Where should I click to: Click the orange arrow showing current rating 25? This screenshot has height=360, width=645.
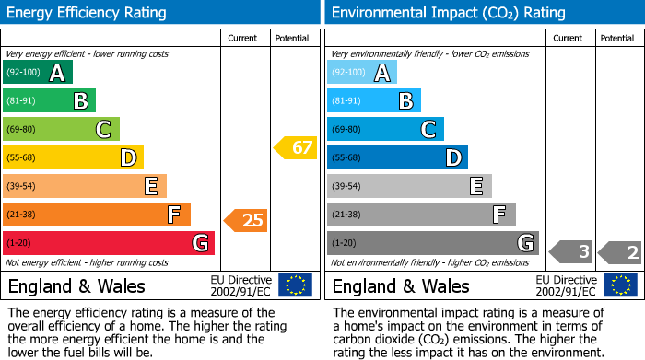click(246, 220)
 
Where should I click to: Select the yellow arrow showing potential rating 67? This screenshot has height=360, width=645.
click(295, 147)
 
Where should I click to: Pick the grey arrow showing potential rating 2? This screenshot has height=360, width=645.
click(620, 250)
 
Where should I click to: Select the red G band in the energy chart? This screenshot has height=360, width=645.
click(109, 243)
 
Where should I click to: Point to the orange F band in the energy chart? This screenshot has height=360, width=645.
click(97, 215)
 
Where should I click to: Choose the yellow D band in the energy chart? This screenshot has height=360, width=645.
click(73, 158)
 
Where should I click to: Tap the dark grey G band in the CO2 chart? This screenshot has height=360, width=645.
click(432, 243)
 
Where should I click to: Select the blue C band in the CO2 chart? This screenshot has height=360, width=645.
click(385, 130)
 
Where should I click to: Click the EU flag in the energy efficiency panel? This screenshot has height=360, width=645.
click(295, 285)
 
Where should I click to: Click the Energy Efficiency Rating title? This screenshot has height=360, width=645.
click(88, 13)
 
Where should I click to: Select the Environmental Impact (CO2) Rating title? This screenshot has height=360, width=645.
click(448, 13)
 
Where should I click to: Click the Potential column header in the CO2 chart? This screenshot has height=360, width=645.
click(617, 38)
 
